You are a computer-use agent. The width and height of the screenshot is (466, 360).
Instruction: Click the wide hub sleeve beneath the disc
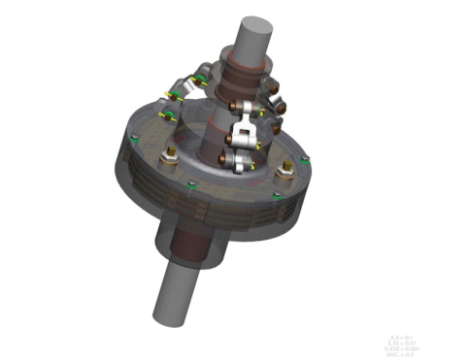coord(199,243)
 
